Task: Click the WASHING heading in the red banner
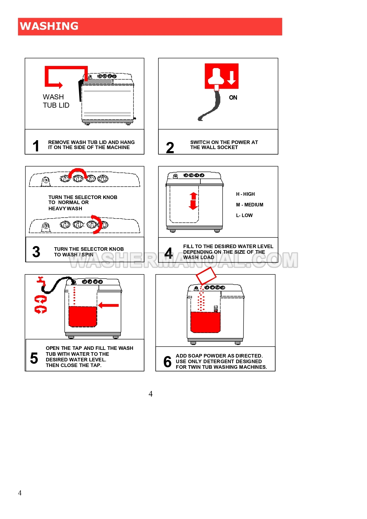[x=49, y=26]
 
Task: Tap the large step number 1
[x=36, y=146]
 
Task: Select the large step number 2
[x=170, y=148]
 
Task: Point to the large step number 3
[x=36, y=252]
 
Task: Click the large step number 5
[x=34, y=358]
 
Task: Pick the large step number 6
[x=167, y=362]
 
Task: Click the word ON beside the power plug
[x=233, y=98]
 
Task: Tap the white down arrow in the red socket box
[x=231, y=77]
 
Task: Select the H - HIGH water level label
[x=245, y=194]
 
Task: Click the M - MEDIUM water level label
[x=249, y=205]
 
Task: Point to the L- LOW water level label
[x=244, y=216]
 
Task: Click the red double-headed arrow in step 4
[x=193, y=201]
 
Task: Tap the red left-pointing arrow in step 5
[x=108, y=305]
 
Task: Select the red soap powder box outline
[x=206, y=276]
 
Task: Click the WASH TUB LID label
[x=56, y=101]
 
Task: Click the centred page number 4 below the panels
[x=150, y=394]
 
